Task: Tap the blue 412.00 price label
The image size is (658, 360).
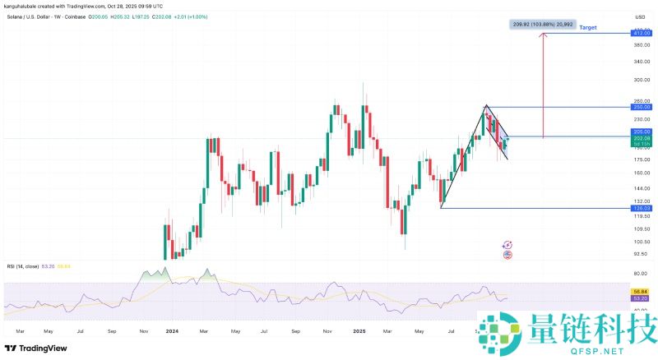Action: point(641,33)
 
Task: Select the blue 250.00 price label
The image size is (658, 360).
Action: point(641,107)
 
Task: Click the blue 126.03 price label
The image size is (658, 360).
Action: point(641,208)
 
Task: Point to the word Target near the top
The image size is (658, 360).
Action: point(588,28)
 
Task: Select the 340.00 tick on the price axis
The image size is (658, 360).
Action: point(641,61)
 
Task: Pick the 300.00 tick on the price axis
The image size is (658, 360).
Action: point(641,81)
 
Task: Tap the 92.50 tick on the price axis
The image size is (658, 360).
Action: point(641,255)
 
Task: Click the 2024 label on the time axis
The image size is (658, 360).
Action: point(172,330)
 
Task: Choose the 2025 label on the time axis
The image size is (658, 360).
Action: point(359,330)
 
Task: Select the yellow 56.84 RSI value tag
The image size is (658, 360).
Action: point(641,292)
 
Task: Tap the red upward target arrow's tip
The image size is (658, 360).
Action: point(543,35)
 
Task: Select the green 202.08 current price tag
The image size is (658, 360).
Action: point(641,138)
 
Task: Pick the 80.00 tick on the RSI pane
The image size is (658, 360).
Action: point(641,273)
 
